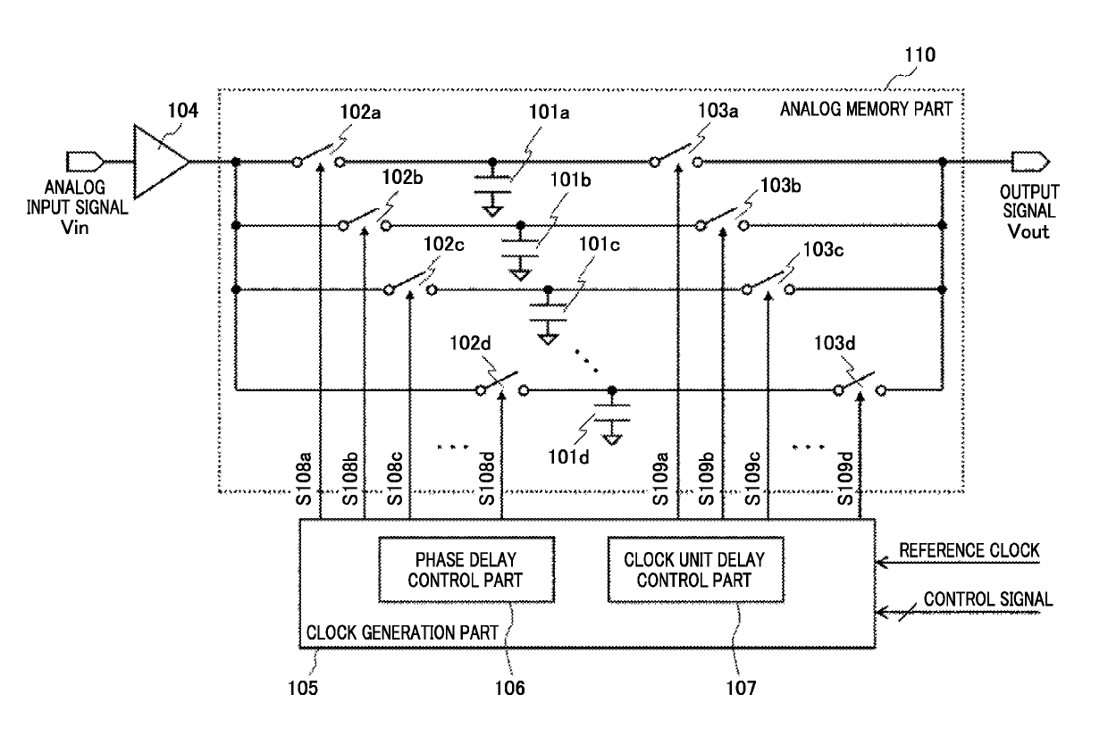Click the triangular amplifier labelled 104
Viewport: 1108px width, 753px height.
(x=161, y=162)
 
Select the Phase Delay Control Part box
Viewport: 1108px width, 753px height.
(x=466, y=570)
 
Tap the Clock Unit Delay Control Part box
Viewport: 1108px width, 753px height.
(x=695, y=570)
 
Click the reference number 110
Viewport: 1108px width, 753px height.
(x=920, y=54)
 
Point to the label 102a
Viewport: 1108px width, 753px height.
(x=360, y=113)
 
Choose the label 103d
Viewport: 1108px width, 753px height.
(x=835, y=343)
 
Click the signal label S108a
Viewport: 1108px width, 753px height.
(x=304, y=478)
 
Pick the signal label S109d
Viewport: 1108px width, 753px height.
(x=845, y=478)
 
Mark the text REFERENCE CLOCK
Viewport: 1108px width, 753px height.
(x=969, y=550)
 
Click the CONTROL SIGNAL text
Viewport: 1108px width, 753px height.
(x=987, y=598)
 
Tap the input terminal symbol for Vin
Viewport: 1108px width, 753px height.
(x=85, y=162)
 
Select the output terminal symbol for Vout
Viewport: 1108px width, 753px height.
(x=1030, y=162)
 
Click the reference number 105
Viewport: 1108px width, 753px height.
(x=303, y=688)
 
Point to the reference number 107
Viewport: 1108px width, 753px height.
(x=741, y=688)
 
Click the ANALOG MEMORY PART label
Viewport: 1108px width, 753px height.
(x=866, y=109)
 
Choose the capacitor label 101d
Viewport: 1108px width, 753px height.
(x=568, y=456)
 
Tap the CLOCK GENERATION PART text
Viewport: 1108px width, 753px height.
(x=402, y=632)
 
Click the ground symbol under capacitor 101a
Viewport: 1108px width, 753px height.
(x=492, y=207)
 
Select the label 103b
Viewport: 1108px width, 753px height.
(x=780, y=186)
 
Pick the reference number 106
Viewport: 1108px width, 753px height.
(x=509, y=688)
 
